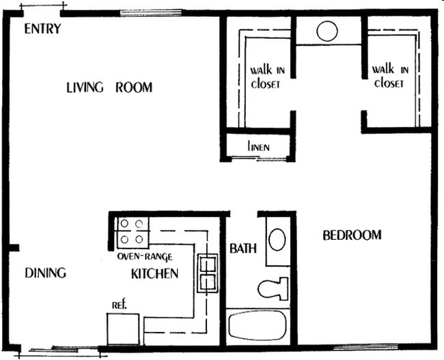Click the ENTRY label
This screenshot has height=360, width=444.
42,29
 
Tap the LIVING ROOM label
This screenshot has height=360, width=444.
109,87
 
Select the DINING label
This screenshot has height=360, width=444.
46,273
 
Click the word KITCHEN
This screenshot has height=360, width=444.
154,274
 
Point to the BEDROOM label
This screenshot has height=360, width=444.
352,236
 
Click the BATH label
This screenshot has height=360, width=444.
242,248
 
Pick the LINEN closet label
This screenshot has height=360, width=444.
258,146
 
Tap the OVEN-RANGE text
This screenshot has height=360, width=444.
144,257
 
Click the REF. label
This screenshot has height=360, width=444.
120,304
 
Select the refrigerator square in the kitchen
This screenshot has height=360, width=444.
123,329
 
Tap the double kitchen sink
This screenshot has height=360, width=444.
207,273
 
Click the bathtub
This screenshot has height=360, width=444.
259,326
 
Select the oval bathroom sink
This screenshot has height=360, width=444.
277,240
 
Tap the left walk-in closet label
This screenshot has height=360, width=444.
265,77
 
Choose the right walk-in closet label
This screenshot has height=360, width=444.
390,76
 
